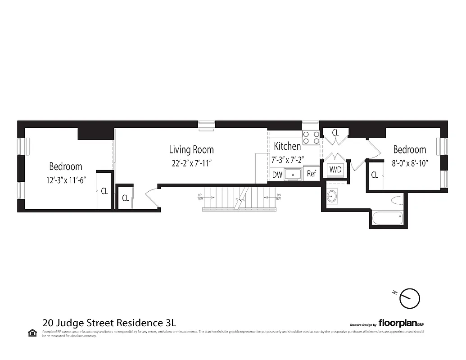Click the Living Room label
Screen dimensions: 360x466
[x=191, y=149]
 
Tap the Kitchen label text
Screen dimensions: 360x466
[x=287, y=146]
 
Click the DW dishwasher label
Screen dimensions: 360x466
[x=277, y=175]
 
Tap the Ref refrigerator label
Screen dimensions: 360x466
[x=312, y=174]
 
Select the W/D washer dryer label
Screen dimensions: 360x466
[x=335, y=170]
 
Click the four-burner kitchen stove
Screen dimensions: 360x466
[x=309, y=137]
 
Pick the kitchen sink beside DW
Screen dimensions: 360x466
[x=294, y=174]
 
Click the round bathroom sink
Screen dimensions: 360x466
[x=332, y=197]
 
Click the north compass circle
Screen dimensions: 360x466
[x=410, y=298]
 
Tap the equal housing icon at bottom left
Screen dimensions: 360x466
[x=33, y=333]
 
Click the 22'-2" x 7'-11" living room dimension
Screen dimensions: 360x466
[x=191, y=163]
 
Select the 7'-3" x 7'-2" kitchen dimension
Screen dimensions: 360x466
[x=289, y=160]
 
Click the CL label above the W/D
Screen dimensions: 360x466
[x=335, y=133]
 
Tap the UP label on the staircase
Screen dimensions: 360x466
[x=200, y=195]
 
